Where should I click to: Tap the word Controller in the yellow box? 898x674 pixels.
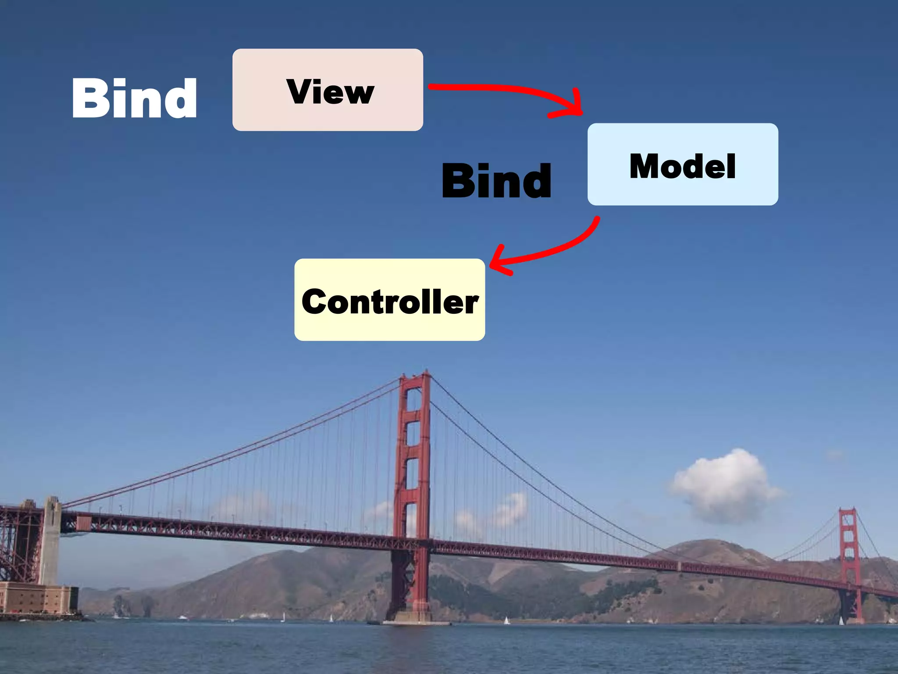[x=390, y=301]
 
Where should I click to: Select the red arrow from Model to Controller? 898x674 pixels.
[x=557, y=250]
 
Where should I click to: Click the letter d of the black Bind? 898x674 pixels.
[x=537, y=180]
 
